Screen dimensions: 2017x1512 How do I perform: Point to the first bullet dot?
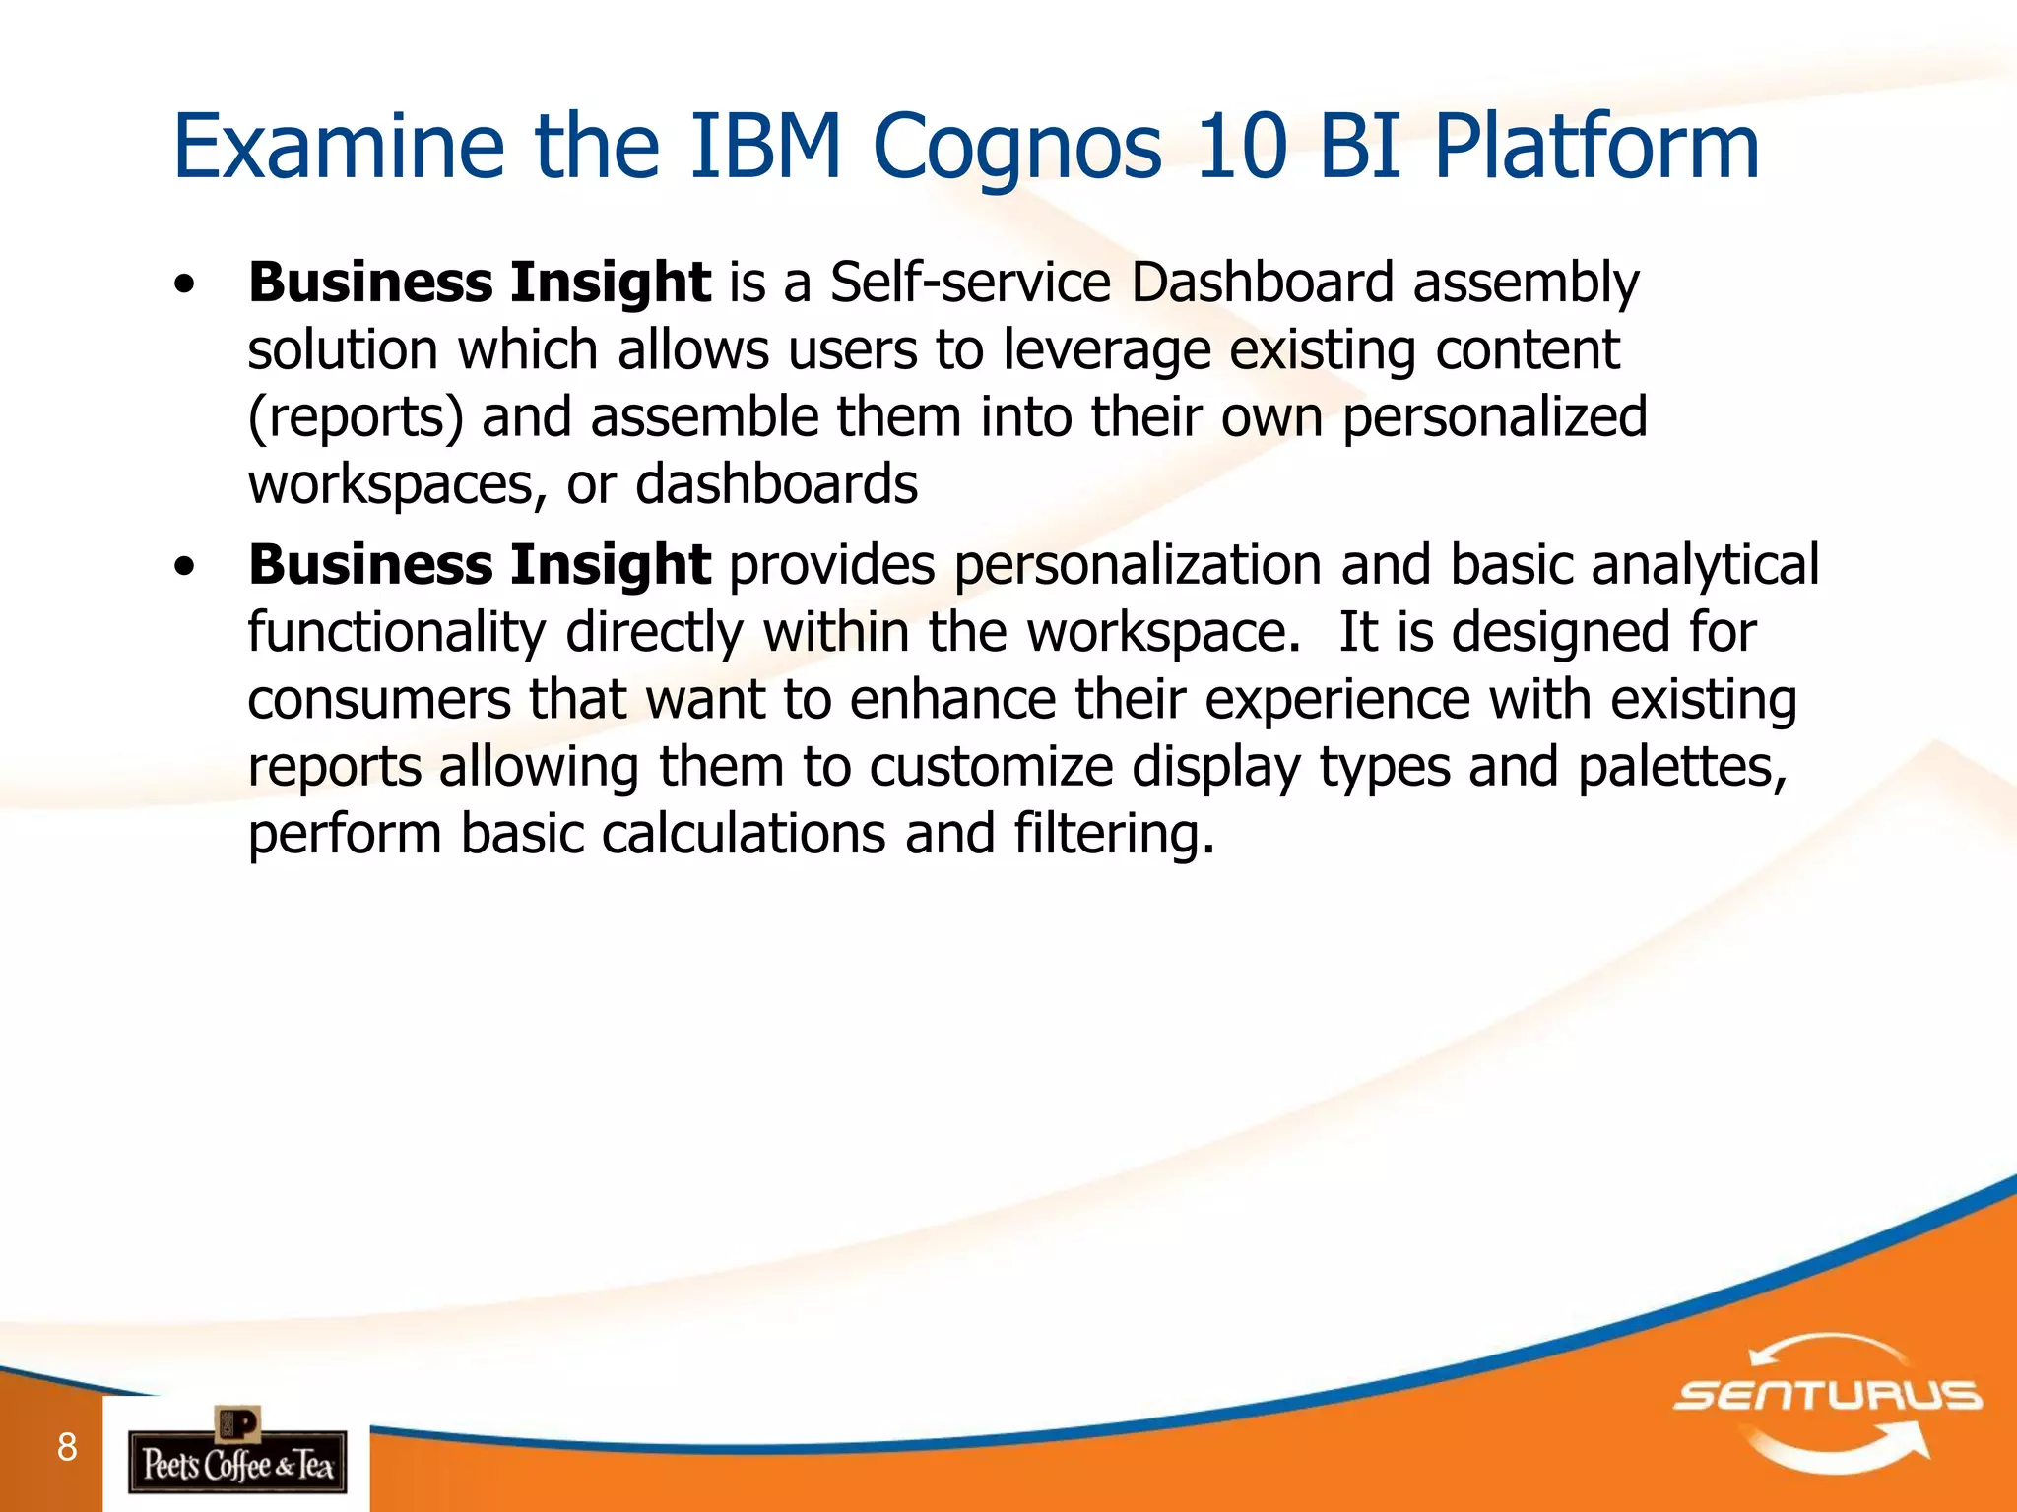pyautogui.click(x=183, y=285)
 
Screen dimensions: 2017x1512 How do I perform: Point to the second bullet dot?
pyautogui.click(x=183, y=568)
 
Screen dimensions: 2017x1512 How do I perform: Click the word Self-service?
pyautogui.click(x=970, y=283)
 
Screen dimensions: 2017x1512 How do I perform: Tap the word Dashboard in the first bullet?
pyautogui.click(x=1263, y=283)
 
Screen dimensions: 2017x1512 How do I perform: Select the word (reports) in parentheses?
pyautogui.click(x=356, y=418)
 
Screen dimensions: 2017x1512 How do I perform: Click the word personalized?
pyautogui.click(x=1495, y=418)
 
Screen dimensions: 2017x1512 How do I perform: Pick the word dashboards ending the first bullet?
pyautogui.click(x=777, y=484)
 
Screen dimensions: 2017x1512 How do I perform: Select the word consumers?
pyautogui.click(x=379, y=701)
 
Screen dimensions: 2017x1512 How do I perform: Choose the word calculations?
pyautogui.click(x=744, y=835)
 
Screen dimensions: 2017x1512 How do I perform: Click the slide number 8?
pyautogui.click(x=67, y=1447)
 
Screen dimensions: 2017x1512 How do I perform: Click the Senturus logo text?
pyautogui.click(x=1828, y=1396)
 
